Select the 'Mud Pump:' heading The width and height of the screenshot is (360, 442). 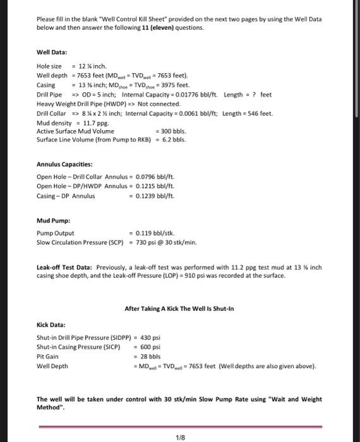(x=53, y=222)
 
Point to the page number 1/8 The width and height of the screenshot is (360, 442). (x=180, y=436)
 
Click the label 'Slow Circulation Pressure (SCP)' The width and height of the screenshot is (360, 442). (x=80, y=242)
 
